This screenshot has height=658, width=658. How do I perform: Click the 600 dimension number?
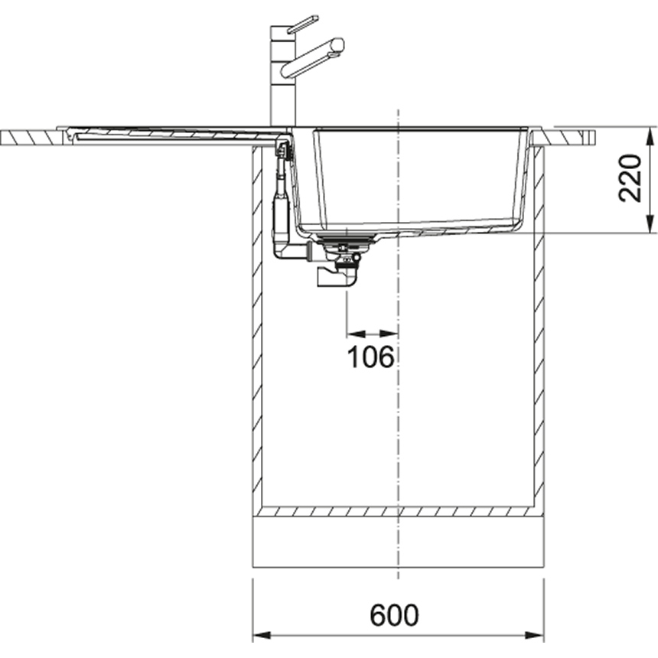(394, 615)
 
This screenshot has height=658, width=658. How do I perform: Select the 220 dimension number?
(630, 178)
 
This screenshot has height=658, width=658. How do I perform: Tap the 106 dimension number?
(371, 357)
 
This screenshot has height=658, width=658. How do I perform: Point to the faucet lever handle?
(302, 24)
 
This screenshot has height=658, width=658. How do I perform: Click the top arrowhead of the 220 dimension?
(650, 136)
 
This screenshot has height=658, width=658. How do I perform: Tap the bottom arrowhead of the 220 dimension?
(650, 223)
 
